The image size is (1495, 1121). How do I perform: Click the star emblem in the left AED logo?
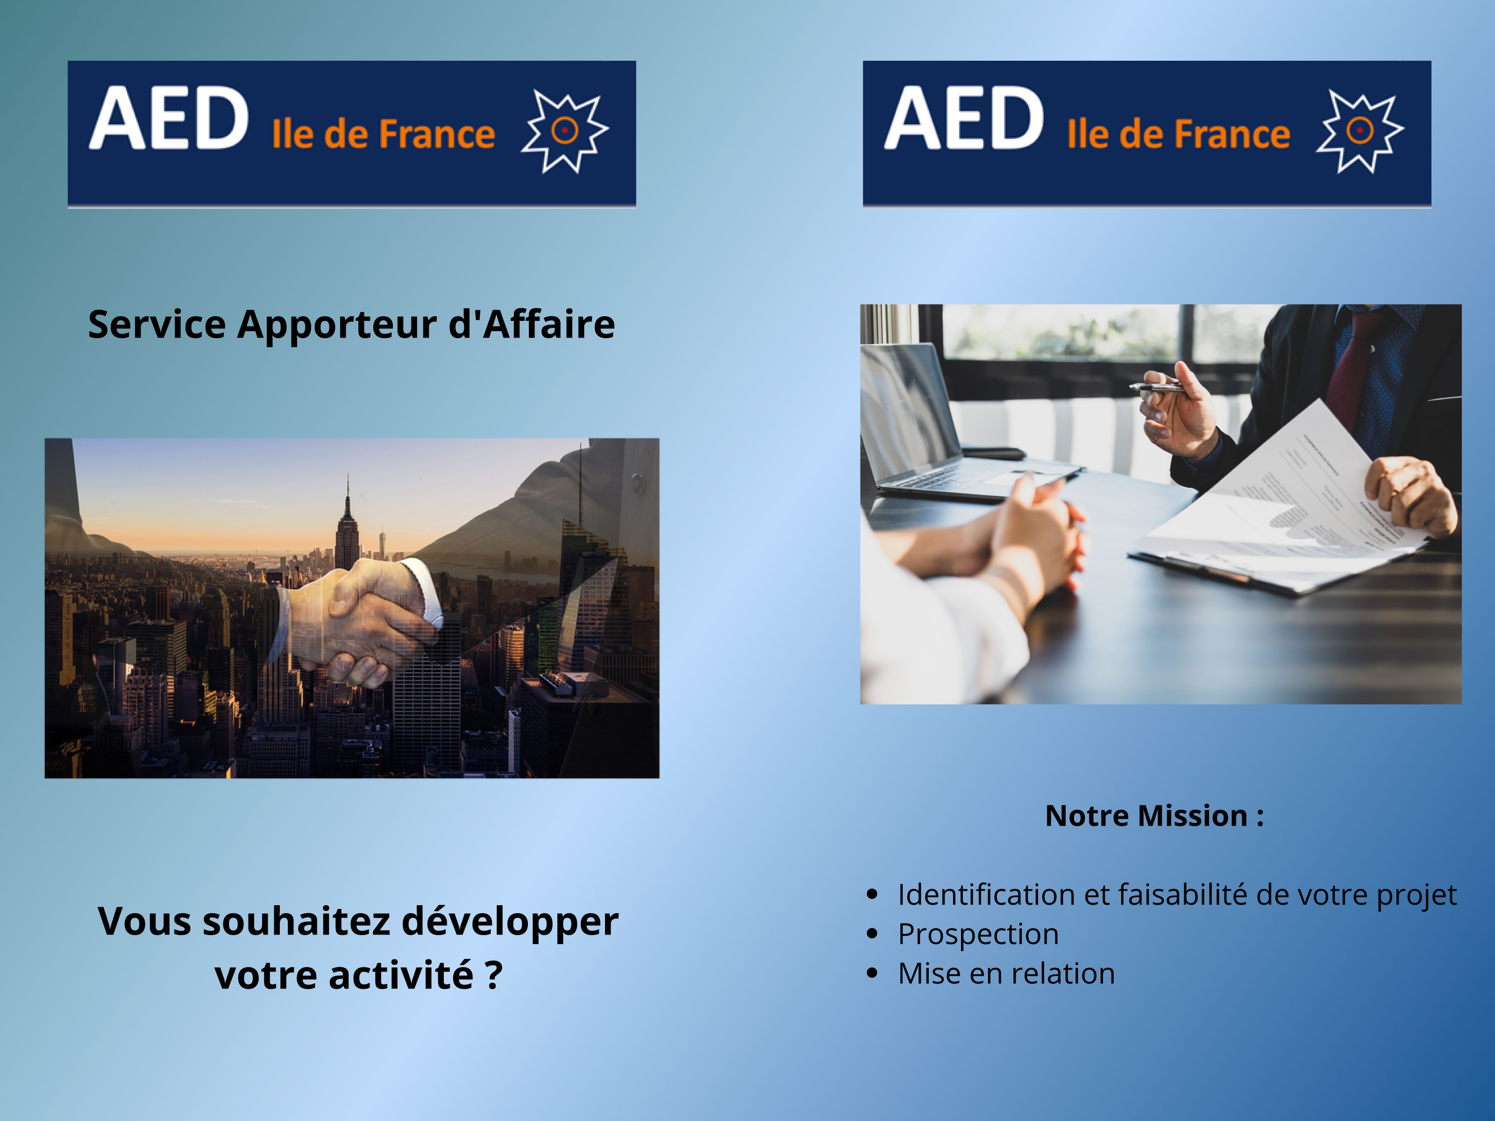565,131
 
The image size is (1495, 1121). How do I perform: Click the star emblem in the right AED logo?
1360,131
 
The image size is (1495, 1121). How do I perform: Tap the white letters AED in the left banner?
169,118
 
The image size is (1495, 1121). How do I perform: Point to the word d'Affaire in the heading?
532,324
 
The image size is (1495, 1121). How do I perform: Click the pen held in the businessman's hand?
1157,387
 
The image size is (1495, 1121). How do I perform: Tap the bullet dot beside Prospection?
873,934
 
